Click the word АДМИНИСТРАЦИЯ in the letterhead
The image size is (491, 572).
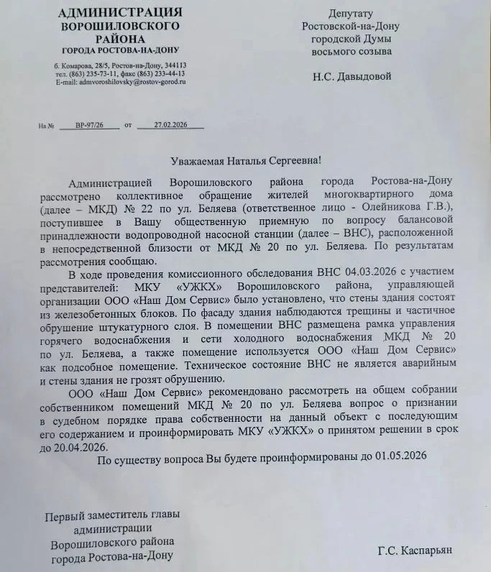click(119, 12)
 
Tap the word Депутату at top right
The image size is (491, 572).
click(351, 14)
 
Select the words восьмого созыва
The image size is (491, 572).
click(351, 52)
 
